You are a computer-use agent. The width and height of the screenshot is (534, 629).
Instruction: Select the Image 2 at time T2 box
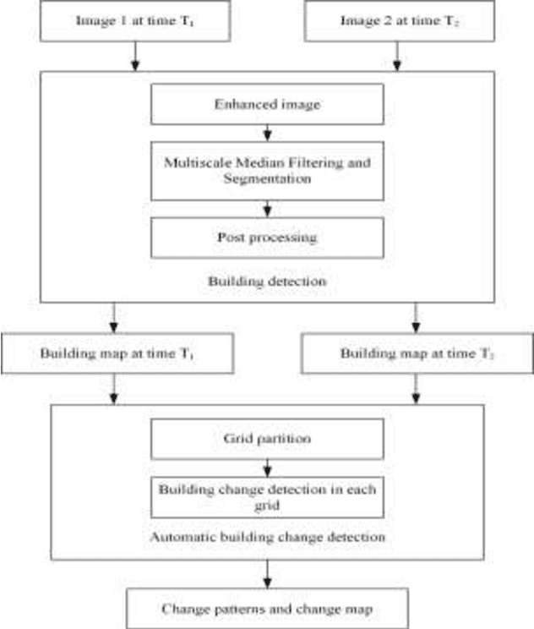click(397, 20)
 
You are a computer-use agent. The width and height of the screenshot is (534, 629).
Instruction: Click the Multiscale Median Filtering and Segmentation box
click(267, 171)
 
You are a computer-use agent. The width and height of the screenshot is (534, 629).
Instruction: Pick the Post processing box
click(267, 238)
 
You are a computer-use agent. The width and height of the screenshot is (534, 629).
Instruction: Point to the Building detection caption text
click(267, 279)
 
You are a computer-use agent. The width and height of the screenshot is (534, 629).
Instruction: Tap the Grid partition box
click(267, 440)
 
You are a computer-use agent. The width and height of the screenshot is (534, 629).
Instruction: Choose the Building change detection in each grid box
click(267, 498)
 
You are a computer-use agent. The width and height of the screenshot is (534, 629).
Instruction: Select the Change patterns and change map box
click(267, 609)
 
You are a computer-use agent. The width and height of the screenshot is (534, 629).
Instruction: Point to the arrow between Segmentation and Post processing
click(267, 208)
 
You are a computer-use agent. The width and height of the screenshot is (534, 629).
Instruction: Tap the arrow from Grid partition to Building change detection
click(267, 468)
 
